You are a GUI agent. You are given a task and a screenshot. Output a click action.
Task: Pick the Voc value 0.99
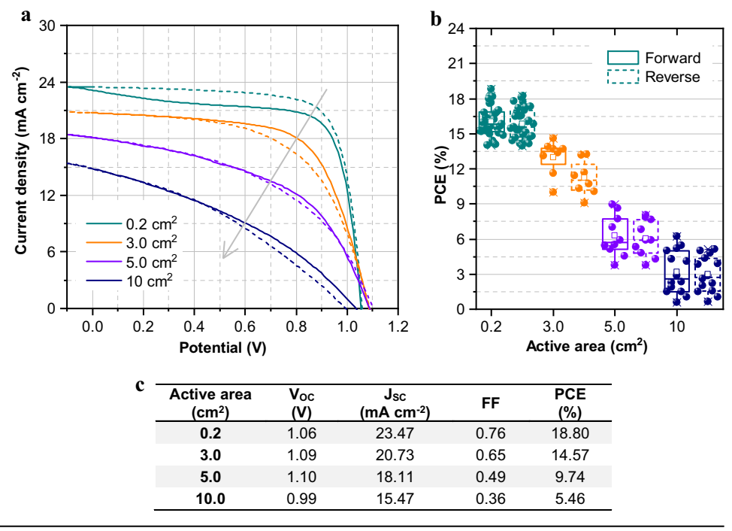[x=302, y=499]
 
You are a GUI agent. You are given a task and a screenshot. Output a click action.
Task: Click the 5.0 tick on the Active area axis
[x=615, y=328]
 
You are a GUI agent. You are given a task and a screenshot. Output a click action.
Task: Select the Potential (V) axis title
[x=223, y=348]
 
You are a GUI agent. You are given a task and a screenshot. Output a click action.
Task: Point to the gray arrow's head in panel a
[x=223, y=256]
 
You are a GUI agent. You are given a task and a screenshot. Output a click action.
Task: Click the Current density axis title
[x=23, y=167]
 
